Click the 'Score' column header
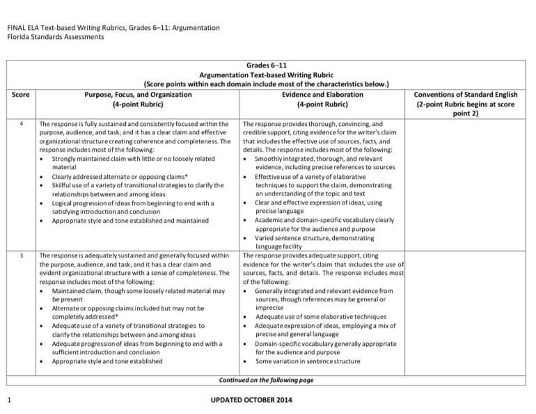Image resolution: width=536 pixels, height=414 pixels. coord(21,94)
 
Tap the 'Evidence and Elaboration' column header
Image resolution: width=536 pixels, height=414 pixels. coord(322,94)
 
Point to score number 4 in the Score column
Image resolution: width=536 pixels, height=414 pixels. coord(22,124)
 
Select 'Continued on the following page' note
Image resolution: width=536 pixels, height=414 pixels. coord(267,380)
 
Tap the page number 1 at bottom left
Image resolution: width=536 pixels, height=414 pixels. coord(8,399)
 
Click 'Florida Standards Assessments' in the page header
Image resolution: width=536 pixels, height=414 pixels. coord(56,37)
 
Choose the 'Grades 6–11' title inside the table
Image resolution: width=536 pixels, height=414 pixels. coord(267,65)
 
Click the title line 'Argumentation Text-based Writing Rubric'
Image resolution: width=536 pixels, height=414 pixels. coord(267,74)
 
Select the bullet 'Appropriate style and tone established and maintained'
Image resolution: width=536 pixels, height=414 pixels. coord(130,221)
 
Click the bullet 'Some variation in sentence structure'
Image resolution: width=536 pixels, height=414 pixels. coord(308,361)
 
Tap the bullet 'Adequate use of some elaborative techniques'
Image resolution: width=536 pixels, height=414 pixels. coord(320,317)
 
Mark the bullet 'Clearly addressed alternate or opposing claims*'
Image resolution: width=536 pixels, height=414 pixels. coord(116,177)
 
